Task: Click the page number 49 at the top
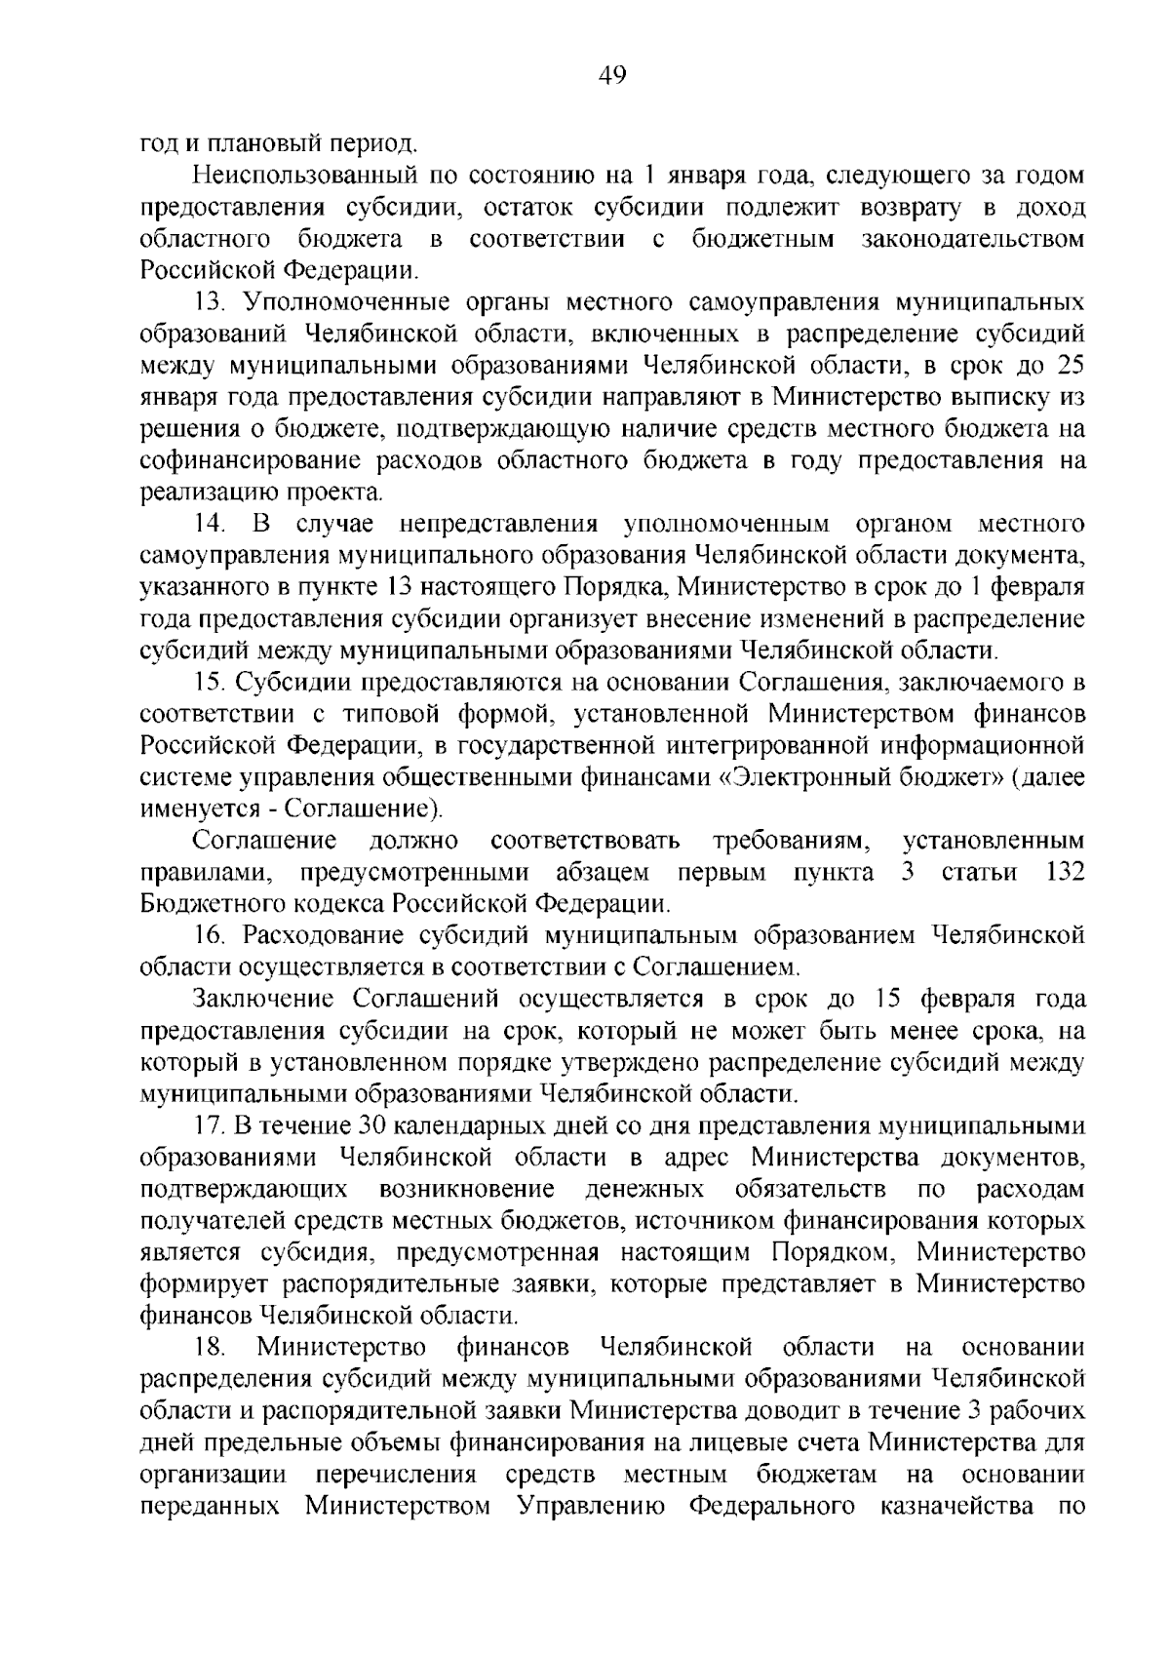tap(612, 75)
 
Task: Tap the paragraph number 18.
tap(209, 1349)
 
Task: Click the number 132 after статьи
tap(1065, 872)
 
